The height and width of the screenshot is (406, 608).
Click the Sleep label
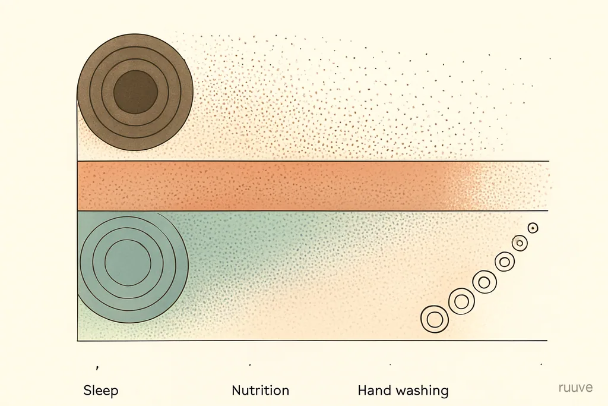(x=101, y=391)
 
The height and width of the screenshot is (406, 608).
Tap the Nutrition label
(x=261, y=390)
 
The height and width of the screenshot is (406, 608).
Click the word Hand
(x=373, y=390)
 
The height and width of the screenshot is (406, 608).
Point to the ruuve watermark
(x=575, y=388)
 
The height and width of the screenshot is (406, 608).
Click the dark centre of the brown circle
(x=135, y=92)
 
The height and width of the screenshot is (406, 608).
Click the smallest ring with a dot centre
(x=533, y=228)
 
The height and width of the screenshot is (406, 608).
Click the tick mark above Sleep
(x=97, y=367)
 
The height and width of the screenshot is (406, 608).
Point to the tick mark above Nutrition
(x=250, y=365)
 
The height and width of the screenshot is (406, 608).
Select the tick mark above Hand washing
(x=390, y=364)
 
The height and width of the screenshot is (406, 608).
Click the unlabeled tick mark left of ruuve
(x=541, y=364)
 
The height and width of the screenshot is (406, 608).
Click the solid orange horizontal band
(x=271, y=186)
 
